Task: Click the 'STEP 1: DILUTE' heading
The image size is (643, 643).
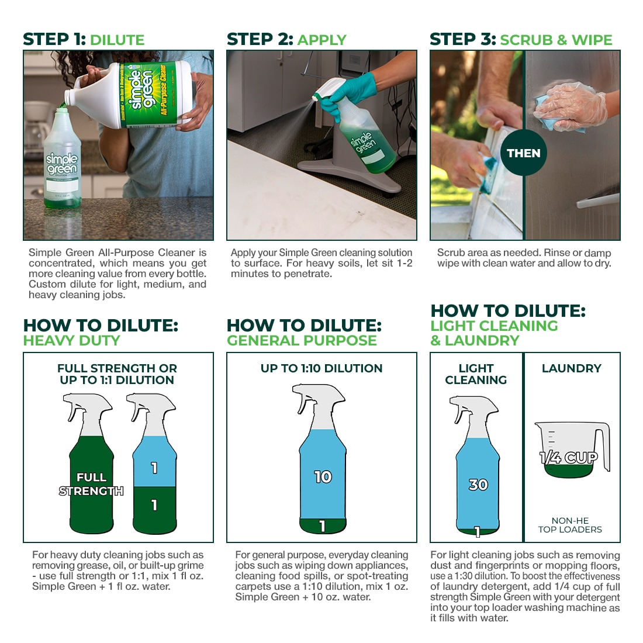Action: coord(84,40)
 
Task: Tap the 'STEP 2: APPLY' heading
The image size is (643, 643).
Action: coord(286,40)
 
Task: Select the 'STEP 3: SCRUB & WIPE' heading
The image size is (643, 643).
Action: coord(521,40)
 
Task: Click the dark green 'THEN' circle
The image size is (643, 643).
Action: coord(523,153)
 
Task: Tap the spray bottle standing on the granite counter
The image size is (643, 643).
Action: coord(62,170)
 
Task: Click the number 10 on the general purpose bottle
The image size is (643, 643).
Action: coord(323,477)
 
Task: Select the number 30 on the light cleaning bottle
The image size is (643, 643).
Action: coord(478,485)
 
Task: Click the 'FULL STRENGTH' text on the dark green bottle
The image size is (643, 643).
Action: coord(91,485)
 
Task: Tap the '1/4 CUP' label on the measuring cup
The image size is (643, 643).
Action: coord(569,458)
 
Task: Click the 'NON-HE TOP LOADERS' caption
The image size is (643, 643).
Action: coord(570,525)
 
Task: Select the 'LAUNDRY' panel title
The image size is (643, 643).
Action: coord(571,368)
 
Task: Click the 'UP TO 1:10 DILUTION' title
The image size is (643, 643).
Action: coord(321,368)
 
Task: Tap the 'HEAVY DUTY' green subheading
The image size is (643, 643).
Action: coord(71,341)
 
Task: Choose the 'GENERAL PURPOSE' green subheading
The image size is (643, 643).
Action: coord(302,341)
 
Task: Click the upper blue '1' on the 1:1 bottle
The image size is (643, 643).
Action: coord(154,468)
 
